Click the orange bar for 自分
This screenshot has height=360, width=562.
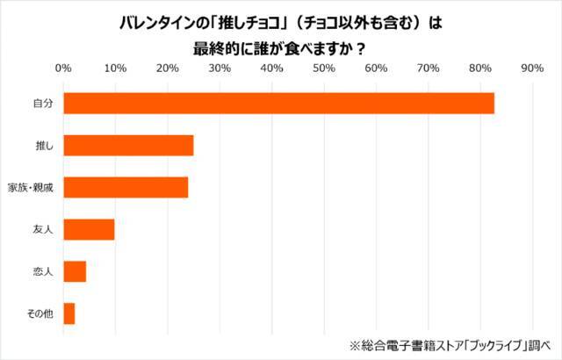278,103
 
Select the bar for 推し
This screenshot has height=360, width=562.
128,145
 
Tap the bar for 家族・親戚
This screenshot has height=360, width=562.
126,187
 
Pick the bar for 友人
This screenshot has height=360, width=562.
89,229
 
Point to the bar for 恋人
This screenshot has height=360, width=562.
75,271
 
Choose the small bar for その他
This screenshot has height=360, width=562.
69,313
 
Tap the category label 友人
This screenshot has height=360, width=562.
43,229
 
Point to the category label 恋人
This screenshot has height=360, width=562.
43,271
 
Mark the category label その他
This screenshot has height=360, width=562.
40,313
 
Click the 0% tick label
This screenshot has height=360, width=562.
63,68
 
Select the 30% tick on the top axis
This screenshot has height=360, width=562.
220,68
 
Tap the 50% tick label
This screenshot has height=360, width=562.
324,68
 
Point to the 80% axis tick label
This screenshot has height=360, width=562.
480,68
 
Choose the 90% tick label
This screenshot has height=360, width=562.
532,68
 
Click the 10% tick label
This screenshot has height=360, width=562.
115,68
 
